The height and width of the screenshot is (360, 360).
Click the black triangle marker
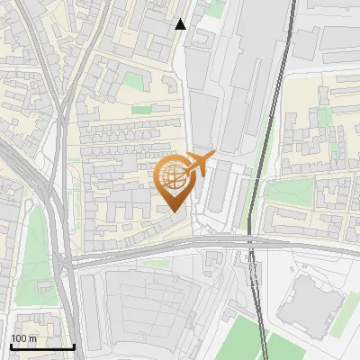tap(181, 24)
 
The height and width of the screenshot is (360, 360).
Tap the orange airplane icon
tap(199, 165)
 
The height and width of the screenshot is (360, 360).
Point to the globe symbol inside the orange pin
tap(174, 176)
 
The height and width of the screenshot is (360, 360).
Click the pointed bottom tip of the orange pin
tap(174, 211)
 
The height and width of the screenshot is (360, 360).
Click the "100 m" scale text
tap(24, 337)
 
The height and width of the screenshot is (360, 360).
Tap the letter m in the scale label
tap(33, 337)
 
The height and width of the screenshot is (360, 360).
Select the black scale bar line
tap(42, 346)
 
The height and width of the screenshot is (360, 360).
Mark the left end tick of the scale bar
tap(11, 345)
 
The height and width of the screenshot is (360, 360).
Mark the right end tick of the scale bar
tap(74, 345)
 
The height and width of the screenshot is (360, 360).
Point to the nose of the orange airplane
tap(213, 156)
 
